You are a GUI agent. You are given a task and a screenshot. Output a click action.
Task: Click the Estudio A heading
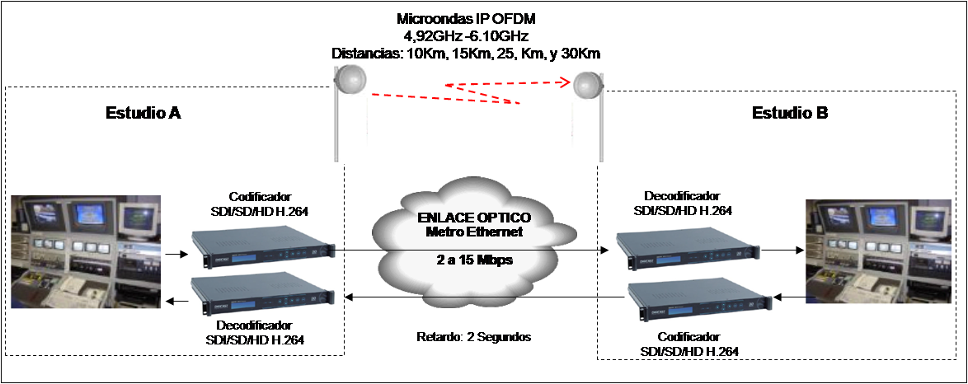click(x=143, y=113)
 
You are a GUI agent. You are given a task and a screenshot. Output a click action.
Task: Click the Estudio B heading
click(x=790, y=113)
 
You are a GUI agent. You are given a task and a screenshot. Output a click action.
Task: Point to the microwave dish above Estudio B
click(x=586, y=86)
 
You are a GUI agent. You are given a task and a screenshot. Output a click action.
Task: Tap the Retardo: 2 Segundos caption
click(x=473, y=337)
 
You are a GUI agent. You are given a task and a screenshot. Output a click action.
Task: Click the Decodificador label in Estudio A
click(x=254, y=325)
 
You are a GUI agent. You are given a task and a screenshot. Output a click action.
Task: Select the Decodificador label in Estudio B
click(x=682, y=195)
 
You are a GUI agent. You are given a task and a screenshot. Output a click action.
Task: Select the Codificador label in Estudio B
click(x=688, y=337)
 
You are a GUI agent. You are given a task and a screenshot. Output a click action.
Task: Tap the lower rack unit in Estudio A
click(x=263, y=297)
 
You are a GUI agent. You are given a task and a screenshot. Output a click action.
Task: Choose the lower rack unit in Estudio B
click(x=699, y=301)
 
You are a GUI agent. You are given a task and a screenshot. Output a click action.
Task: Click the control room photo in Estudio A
click(x=86, y=251)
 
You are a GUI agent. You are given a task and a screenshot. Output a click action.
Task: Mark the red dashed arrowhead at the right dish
click(x=564, y=81)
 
